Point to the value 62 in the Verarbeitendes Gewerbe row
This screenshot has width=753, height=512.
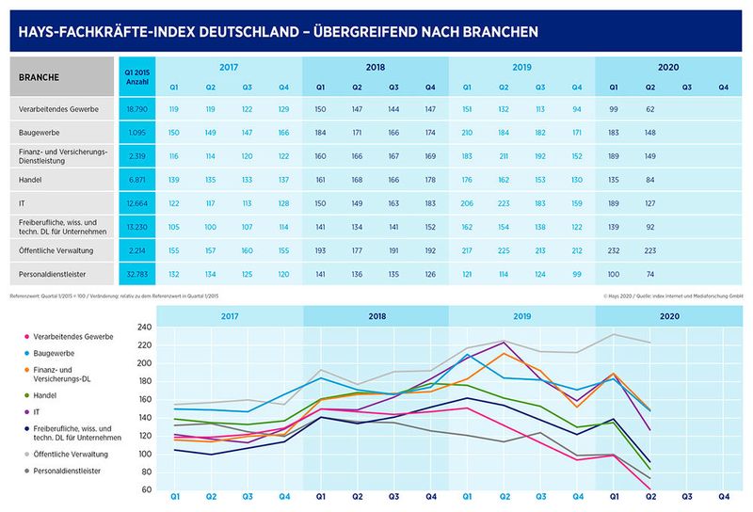(x=650, y=109)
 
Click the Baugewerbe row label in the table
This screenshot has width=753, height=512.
(x=42, y=132)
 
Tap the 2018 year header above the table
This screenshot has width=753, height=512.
(x=375, y=68)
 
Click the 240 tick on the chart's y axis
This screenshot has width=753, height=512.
(x=145, y=328)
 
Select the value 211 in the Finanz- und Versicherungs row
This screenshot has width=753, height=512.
(x=504, y=154)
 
